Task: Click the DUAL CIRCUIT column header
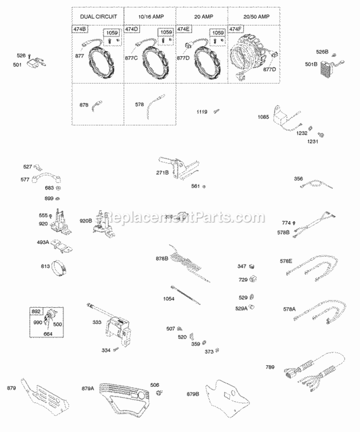[x=98, y=16]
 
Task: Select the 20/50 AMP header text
[x=252, y=16]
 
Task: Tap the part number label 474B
[x=80, y=30]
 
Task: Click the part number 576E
[x=287, y=262]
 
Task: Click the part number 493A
[x=44, y=242]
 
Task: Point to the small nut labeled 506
[x=159, y=394]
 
